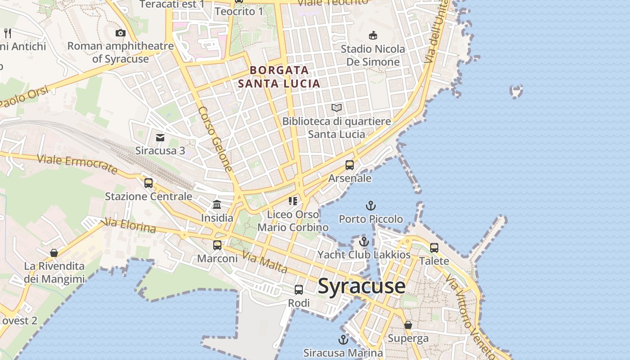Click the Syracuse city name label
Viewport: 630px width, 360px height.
coord(362,287)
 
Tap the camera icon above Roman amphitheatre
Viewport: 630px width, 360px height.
coord(121,33)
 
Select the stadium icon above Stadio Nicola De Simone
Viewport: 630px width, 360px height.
coord(373,36)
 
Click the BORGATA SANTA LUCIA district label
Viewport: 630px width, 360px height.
coord(279,76)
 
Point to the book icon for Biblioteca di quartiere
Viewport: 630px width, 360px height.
coord(337,108)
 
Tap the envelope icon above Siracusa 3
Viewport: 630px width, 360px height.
coord(160,137)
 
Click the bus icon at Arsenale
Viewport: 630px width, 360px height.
coord(350,165)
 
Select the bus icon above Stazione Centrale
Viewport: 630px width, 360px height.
coord(148,183)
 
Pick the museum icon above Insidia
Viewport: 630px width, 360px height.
coord(217,205)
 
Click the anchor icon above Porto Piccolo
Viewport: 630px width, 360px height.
coord(370,206)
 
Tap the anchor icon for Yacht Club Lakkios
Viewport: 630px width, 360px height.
coord(364,242)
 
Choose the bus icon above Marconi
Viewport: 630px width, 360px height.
coord(217,245)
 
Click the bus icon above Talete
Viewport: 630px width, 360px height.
coord(434,247)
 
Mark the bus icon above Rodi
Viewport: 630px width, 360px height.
coord(299,290)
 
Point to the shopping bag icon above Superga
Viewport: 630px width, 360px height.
coord(408,325)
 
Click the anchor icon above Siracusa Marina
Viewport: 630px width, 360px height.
coord(343,340)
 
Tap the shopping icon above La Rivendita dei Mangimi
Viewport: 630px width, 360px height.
coord(54,253)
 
